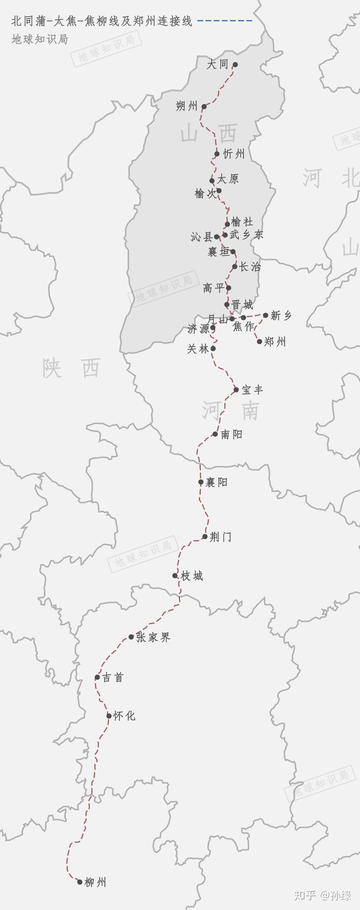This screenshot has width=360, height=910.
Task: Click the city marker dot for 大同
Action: click(x=235, y=65)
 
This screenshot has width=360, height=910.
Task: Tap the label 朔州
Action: click(x=186, y=106)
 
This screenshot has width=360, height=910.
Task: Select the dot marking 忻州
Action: click(x=217, y=154)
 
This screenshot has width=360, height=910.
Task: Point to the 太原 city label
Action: click(x=228, y=179)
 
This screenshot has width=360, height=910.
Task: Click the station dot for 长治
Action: click(x=235, y=266)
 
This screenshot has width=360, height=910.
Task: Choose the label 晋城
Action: click(x=242, y=304)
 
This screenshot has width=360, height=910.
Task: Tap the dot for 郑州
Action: click(x=260, y=341)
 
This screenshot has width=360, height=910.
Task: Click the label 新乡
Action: click(x=281, y=315)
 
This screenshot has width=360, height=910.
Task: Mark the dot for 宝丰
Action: click(x=236, y=390)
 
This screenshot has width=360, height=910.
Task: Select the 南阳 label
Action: click(x=232, y=434)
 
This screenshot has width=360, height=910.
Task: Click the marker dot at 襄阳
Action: click(x=201, y=482)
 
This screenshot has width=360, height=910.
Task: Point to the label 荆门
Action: click(x=221, y=537)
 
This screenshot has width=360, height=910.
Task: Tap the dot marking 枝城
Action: click(x=175, y=576)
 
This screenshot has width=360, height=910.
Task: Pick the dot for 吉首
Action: click(x=97, y=677)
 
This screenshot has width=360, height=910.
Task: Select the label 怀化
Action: click(x=124, y=716)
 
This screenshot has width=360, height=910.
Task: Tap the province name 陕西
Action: click(x=71, y=368)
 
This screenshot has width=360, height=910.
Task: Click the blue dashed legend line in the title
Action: click(x=225, y=21)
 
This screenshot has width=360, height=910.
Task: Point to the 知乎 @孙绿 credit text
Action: click(x=323, y=895)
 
